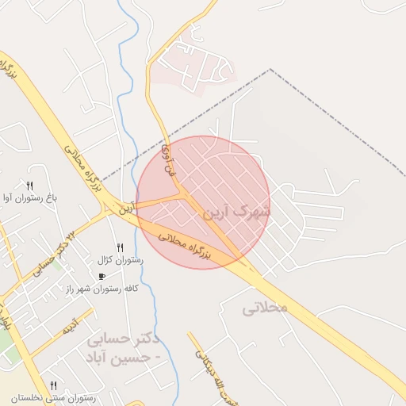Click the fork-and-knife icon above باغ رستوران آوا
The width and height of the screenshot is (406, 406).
coord(29,185)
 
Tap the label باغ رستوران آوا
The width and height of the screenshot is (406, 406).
coord(30,197)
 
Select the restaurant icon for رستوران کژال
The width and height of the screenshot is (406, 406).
coord(120,247)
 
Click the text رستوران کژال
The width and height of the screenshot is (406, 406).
coord(120,260)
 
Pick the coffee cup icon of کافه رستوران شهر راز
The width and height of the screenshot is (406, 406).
coord(101,276)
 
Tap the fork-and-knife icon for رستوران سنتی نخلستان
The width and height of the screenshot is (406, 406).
coord(53,385)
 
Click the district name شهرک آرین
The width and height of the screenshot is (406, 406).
coord(236,213)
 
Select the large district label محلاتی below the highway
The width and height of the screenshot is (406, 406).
coord(264,307)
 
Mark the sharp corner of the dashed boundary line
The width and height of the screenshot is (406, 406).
coord(270,70)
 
